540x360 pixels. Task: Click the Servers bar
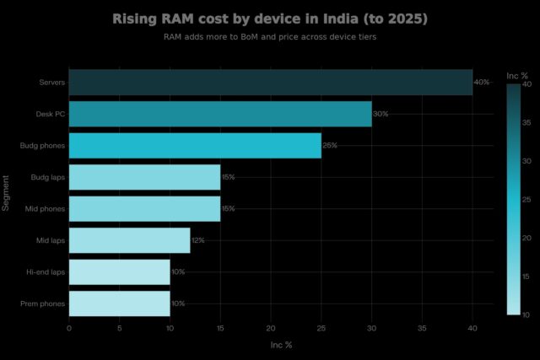[270, 83]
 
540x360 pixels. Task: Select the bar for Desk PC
[219, 114]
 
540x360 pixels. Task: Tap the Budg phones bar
[194, 145]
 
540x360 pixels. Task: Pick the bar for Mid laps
[129, 240]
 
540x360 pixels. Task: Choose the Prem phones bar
[119, 304]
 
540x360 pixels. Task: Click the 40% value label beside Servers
[482, 83]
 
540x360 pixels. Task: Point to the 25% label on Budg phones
[330, 145]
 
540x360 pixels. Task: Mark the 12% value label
[198, 240]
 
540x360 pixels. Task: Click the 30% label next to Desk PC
[381, 114]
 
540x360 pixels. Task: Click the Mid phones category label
[46, 208]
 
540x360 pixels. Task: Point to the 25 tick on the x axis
[321, 328]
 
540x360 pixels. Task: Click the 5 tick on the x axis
[119, 328]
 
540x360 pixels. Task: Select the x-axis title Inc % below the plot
[281, 345]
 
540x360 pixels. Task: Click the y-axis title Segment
[7, 193]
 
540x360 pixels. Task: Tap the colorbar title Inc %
[517, 77]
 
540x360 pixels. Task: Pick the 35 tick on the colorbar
[526, 122]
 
